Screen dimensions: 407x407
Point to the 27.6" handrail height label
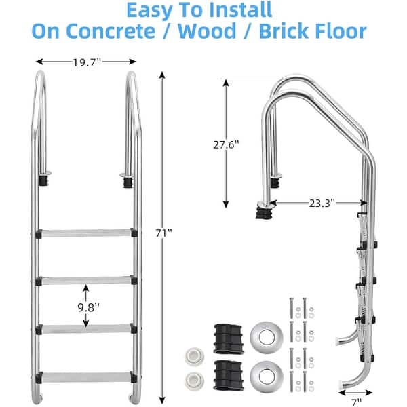(x=227, y=143)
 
